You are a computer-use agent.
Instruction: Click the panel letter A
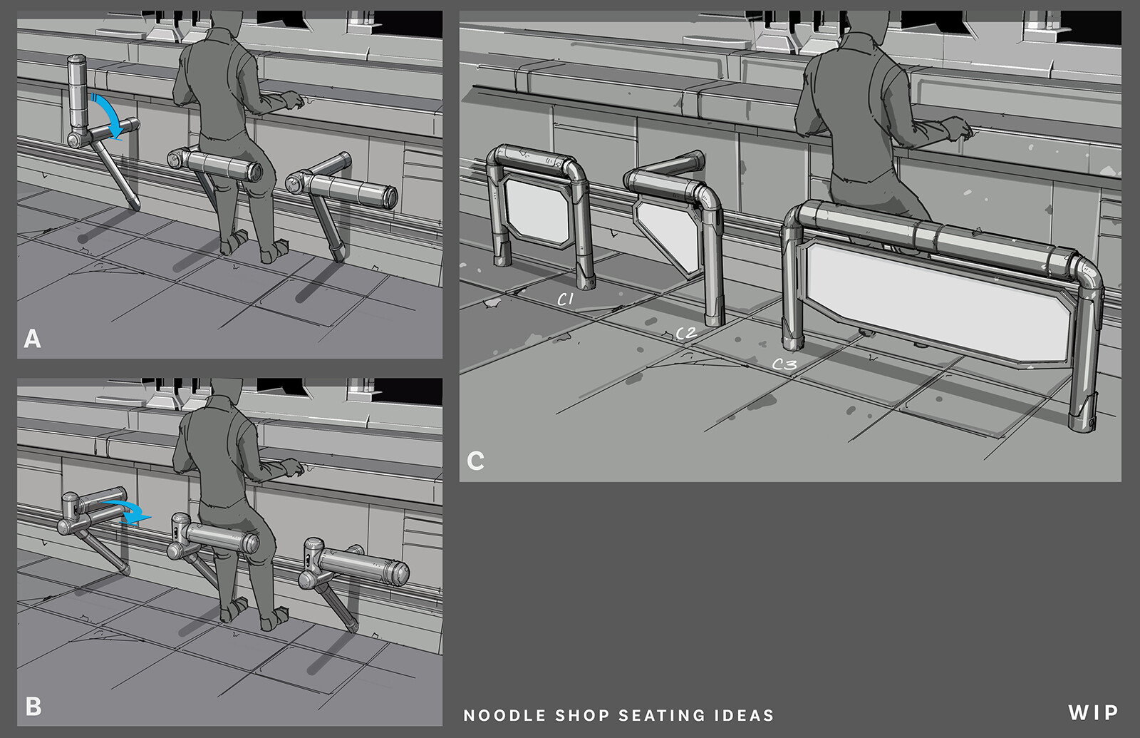point(32,338)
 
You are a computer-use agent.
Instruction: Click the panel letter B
point(33,706)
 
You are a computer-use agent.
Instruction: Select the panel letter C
point(475,461)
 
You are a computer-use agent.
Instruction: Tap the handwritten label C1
point(566,299)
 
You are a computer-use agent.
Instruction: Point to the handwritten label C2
point(686,333)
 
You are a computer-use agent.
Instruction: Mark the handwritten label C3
point(784,364)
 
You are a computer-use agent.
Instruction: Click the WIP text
point(1093,712)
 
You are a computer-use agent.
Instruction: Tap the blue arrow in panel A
point(113,114)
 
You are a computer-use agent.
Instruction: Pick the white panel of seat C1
point(537,211)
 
